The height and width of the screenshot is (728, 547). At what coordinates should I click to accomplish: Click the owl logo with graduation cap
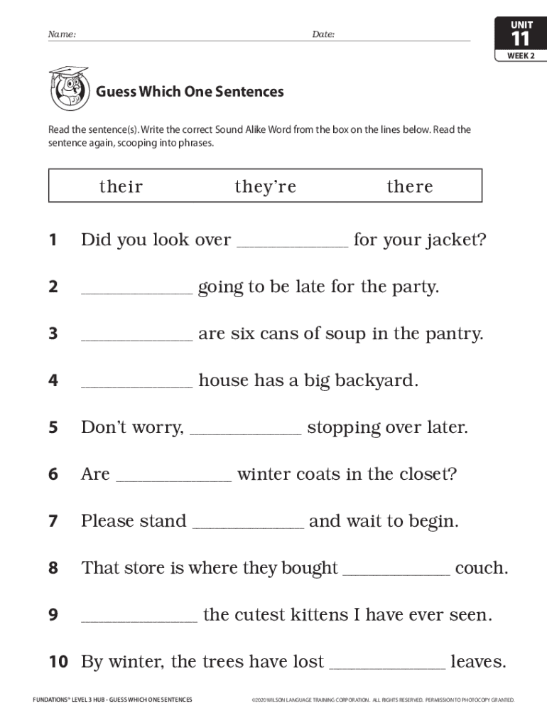click(x=69, y=88)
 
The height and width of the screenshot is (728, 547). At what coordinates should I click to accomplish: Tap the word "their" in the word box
click(x=121, y=186)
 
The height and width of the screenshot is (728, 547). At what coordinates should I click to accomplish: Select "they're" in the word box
click(x=265, y=186)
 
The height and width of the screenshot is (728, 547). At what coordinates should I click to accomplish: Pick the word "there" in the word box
click(x=410, y=186)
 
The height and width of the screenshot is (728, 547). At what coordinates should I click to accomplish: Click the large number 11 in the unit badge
click(x=521, y=39)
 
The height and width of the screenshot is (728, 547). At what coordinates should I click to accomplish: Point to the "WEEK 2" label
click(x=521, y=55)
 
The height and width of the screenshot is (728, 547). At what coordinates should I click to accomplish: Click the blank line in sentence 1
click(x=292, y=245)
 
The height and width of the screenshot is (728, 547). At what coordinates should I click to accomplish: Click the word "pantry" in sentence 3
click(x=453, y=334)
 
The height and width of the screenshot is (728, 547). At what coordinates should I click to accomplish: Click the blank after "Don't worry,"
click(x=246, y=432)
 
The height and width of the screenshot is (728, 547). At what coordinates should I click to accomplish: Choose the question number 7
click(x=53, y=521)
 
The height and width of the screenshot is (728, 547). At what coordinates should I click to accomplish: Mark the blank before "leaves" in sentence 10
click(x=388, y=667)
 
